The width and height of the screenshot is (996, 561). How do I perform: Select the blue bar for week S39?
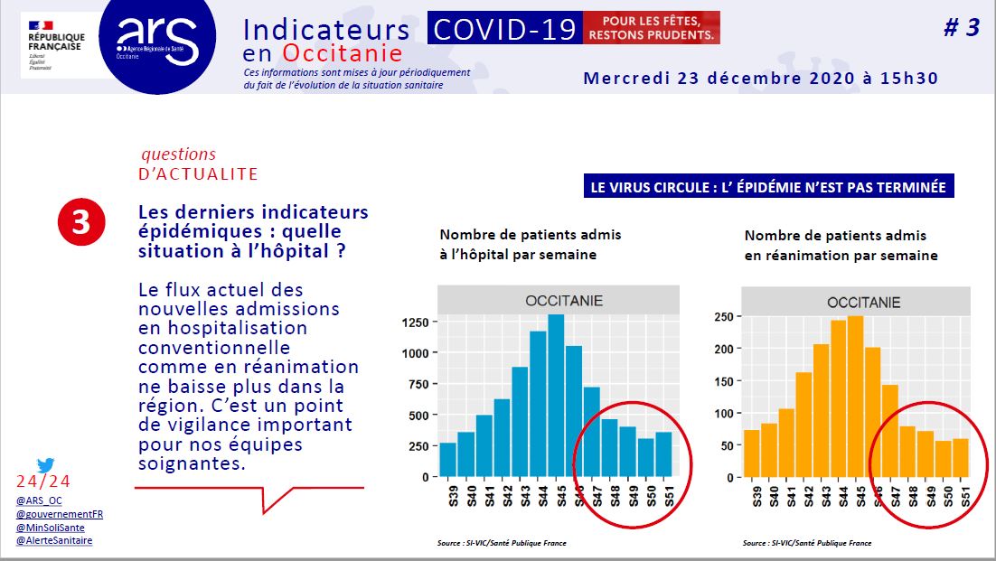[447, 460]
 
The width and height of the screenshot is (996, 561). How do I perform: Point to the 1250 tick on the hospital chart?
[416, 322]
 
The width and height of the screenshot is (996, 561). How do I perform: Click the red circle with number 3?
[81, 224]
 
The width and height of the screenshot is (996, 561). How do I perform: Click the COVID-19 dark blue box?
[504, 29]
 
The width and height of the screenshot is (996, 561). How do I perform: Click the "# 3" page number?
[961, 28]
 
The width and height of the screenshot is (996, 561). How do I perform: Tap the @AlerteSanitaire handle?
[54, 540]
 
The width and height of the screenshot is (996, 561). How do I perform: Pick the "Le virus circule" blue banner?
[768, 188]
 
